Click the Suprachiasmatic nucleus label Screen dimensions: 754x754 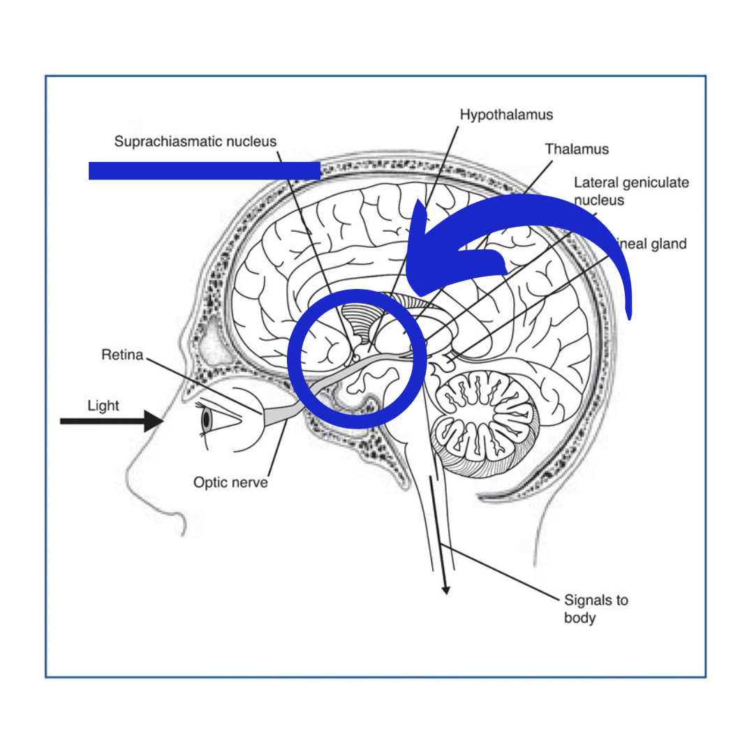[x=195, y=142]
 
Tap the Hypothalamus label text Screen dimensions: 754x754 [x=506, y=114]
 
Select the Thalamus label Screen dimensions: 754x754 [x=577, y=149]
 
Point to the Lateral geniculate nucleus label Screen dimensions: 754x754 [x=631, y=191]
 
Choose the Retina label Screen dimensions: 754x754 [x=122, y=355]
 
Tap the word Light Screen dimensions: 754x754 [x=103, y=406]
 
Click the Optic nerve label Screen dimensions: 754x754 [x=230, y=482]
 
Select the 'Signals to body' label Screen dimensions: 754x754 [x=596, y=608]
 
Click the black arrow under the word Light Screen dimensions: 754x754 [x=112, y=422]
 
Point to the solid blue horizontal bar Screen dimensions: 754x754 [x=204, y=170]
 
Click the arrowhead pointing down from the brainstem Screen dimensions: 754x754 [x=445, y=590]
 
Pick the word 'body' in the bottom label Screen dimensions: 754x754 [x=579, y=617]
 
